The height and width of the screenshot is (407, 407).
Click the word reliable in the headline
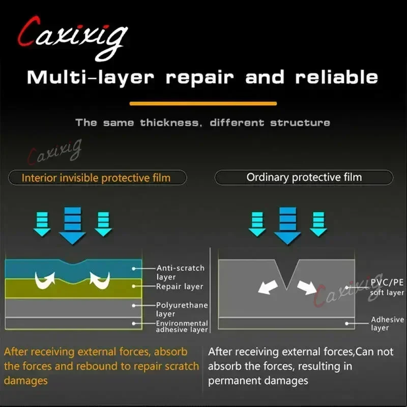[x=337, y=77]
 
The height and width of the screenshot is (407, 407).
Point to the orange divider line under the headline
[x=203, y=104]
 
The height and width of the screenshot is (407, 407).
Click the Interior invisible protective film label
[x=96, y=178]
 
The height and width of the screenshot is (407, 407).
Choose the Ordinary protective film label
[x=304, y=177]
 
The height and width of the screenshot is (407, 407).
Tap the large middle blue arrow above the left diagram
[x=72, y=225]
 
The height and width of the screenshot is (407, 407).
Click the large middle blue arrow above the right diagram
[x=287, y=225]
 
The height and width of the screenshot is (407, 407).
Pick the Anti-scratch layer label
[x=181, y=272]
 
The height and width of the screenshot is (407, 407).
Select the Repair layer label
[x=180, y=286]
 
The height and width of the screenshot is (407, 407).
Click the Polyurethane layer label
[x=182, y=309]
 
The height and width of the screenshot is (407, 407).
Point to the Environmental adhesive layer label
[x=182, y=326]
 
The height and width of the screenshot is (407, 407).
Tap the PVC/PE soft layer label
[x=387, y=287]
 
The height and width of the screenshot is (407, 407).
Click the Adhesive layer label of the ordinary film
[x=387, y=323]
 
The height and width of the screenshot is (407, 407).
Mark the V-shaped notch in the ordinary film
[x=287, y=274]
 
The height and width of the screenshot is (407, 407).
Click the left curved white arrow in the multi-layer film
[x=45, y=280]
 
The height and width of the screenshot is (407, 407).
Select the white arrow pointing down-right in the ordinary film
[x=307, y=287]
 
